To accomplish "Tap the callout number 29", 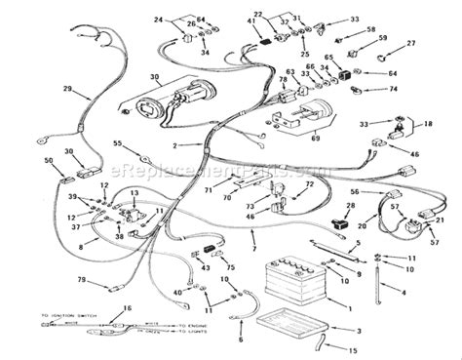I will [x=67, y=91].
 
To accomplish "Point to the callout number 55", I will [x=117, y=143].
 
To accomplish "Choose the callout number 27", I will [x=411, y=43].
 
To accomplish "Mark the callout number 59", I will [x=383, y=38].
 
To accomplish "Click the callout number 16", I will [x=125, y=308].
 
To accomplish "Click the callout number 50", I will [x=50, y=160].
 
